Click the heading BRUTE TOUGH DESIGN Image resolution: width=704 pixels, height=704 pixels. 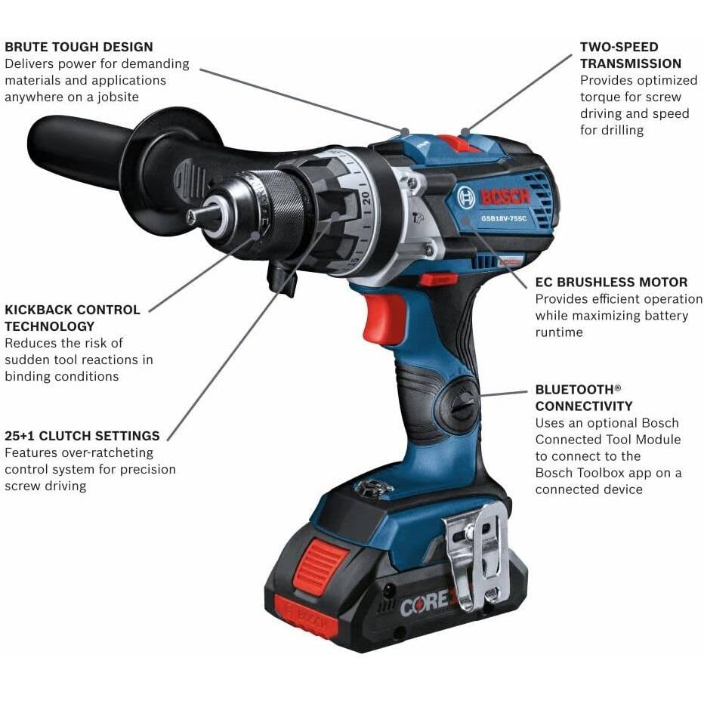pos(79,47)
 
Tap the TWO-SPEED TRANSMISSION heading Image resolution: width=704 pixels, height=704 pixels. pos(631,55)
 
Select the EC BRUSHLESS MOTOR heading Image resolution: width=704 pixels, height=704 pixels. pos(611,282)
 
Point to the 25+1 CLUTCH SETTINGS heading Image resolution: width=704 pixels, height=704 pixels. pos(82,436)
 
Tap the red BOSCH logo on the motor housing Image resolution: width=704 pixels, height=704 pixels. pos(505,196)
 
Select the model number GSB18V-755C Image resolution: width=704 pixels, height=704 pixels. pos(504,218)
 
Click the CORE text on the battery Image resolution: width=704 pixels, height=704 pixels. pos(427,603)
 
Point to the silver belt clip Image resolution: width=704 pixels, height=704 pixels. pos(478,556)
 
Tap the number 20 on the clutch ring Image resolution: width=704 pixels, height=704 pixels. pos(366,198)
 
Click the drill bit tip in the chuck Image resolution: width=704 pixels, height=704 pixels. pos(192,217)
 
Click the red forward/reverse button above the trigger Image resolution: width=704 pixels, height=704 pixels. pos(439,280)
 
